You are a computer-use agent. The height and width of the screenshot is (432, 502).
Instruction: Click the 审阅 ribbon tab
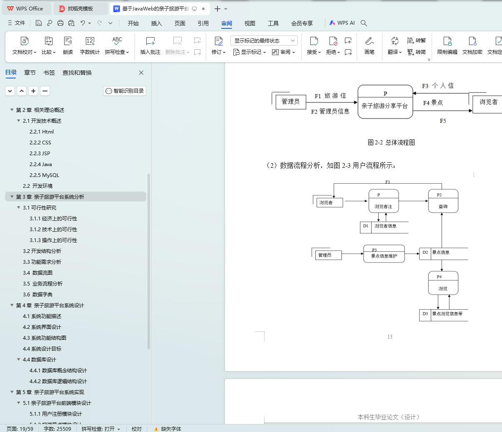pyautogui.click(x=227, y=23)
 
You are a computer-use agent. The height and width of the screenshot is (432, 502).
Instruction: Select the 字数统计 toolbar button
pyautogui.click(x=90, y=45)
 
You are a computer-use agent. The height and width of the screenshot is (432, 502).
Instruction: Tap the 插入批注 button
pyautogui.click(x=150, y=45)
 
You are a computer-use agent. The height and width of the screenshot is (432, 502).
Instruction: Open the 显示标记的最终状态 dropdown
pyautogui.click(x=264, y=40)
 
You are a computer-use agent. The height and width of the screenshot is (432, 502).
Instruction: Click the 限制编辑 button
pyautogui.click(x=447, y=45)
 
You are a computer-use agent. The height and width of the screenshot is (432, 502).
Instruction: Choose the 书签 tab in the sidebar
pyautogui.click(x=49, y=73)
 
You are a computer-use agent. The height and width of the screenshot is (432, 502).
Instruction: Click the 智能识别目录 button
pyautogui.click(x=125, y=91)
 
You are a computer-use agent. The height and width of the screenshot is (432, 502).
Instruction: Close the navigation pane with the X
pyautogui.click(x=141, y=73)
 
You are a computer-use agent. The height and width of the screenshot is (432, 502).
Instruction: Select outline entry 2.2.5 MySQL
pyautogui.click(x=44, y=175)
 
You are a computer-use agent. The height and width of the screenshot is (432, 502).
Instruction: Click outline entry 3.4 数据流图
pyautogui.click(x=37, y=273)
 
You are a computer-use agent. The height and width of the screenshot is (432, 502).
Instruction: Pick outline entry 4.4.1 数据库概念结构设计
pyautogui.click(x=58, y=371)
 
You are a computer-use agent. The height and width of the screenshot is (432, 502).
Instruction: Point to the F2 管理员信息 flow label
pyautogui.click(x=330, y=111)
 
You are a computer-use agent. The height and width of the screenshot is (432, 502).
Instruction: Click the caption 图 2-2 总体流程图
pyautogui.click(x=391, y=142)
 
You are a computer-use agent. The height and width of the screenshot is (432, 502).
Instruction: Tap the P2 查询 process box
pyautogui.click(x=443, y=201)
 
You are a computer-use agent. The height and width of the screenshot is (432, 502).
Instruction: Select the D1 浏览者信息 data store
pyautogui.click(x=384, y=227)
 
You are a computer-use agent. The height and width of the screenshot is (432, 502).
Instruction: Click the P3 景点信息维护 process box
pyautogui.click(x=384, y=254)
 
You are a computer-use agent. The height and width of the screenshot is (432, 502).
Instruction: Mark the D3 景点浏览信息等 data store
pyautogui.click(x=443, y=314)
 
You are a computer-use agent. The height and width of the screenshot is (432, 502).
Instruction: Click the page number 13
pyautogui.click(x=390, y=337)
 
